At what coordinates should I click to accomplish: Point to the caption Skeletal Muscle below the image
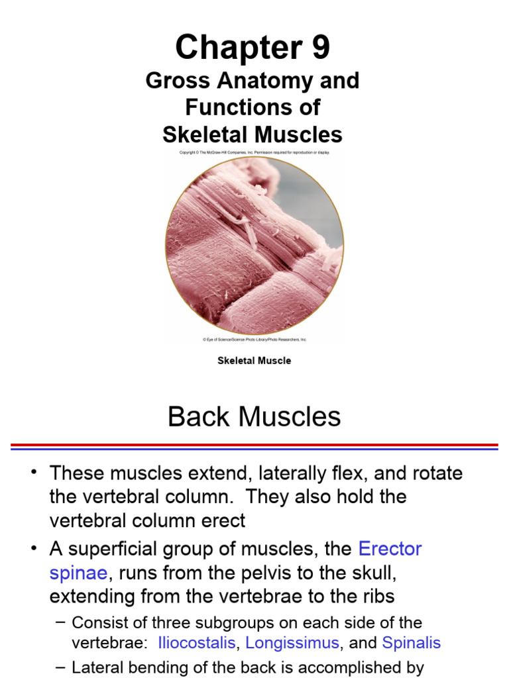pyautogui.click(x=254, y=361)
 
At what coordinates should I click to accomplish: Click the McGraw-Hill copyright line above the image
pyautogui.click(x=254, y=152)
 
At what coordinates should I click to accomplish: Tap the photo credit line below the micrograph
pyautogui.click(x=254, y=340)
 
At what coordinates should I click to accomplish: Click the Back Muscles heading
pyautogui.click(x=254, y=417)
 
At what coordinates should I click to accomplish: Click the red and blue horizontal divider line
pyautogui.click(x=254, y=447)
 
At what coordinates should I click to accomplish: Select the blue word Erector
pyautogui.click(x=390, y=549)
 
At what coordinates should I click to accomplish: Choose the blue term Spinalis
pyautogui.click(x=411, y=643)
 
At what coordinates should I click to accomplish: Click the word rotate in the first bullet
pyautogui.click(x=437, y=473)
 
